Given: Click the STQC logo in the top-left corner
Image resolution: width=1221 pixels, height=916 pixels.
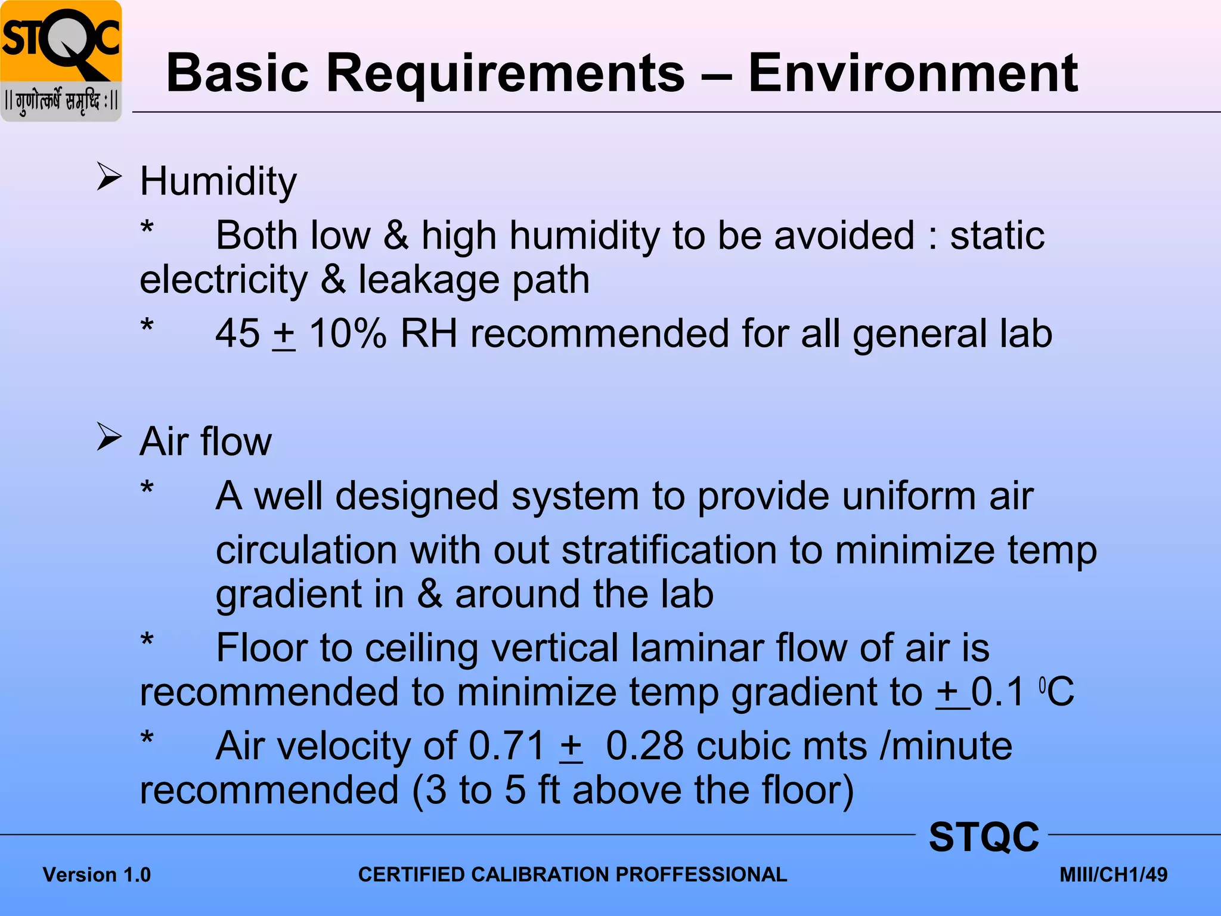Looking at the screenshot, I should pyautogui.click(x=61, y=61).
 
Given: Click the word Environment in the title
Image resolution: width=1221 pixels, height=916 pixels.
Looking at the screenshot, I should pyautogui.click(x=913, y=73).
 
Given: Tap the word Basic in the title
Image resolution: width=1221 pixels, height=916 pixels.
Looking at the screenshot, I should pyautogui.click(x=237, y=73).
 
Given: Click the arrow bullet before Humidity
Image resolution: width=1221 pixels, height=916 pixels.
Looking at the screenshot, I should pyautogui.click(x=109, y=177).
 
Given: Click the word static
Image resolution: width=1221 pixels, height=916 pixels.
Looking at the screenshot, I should pyautogui.click(x=997, y=235).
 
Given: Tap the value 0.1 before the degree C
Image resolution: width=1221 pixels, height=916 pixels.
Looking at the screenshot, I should pyautogui.click(x=997, y=692).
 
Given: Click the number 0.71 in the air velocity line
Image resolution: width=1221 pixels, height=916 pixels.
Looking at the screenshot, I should pyautogui.click(x=507, y=746).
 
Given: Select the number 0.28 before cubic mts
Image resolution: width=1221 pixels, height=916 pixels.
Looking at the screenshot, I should pyautogui.click(x=644, y=746).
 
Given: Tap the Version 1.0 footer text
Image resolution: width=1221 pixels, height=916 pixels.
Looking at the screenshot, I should pyautogui.click(x=97, y=875).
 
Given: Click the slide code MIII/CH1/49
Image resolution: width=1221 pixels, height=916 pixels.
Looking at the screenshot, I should pyautogui.click(x=1113, y=875).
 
